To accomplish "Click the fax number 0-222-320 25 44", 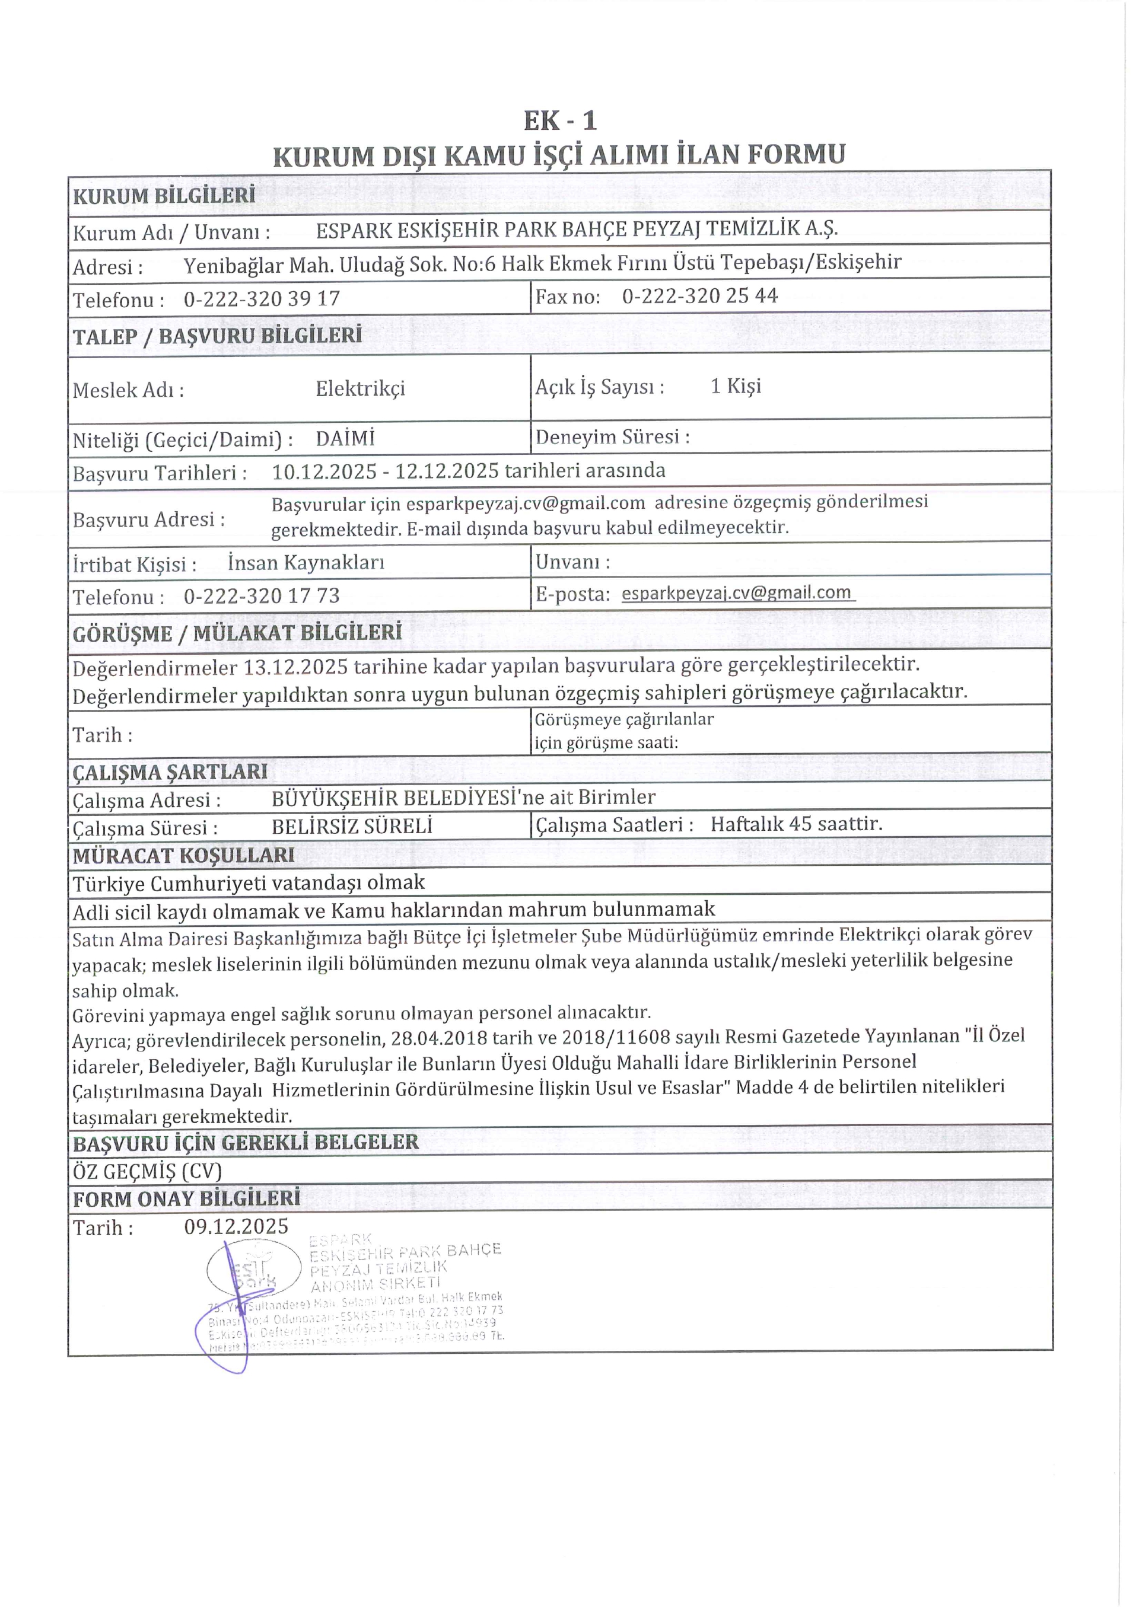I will coord(700,296).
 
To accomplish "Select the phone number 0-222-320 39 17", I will coord(262,299).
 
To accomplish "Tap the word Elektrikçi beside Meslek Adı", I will coord(360,388).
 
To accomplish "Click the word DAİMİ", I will coord(345,439).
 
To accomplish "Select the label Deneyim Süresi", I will coord(612,438).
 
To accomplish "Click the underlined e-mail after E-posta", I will coord(736,593).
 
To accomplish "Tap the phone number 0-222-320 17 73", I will coord(262,596).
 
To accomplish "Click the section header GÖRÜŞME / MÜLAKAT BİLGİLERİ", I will coord(237,633).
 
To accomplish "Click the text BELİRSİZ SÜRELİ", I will coord(351,827).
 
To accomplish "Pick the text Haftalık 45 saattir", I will coord(796,824).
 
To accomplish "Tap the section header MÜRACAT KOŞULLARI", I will coord(184,856).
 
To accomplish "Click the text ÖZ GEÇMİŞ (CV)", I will coord(147,1171).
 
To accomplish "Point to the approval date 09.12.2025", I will coord(236,1226).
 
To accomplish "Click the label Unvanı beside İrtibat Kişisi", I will coord(572,562).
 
